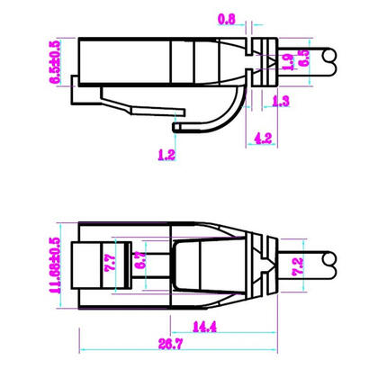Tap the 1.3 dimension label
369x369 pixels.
[280, 103]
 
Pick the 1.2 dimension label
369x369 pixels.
[166, 155]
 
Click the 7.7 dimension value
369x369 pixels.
[112, 261]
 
